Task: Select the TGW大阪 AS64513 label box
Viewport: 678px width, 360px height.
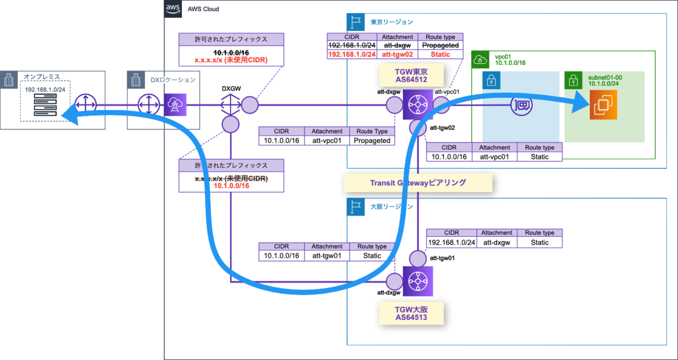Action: click(x=411, y=313)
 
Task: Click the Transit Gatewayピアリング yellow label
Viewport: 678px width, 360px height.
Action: click(x=418, y=183)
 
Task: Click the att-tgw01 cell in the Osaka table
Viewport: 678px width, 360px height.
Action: click(x=327, y=255)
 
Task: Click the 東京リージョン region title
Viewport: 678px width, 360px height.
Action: click(x=391, y=22)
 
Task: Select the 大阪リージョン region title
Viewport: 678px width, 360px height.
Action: click(x=391, y=206)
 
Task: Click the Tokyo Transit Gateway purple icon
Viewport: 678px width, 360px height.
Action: click(x=418, y=105)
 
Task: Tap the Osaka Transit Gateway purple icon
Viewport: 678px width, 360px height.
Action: click(x=418, y=281)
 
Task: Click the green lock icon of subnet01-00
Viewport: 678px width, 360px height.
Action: click(x=573, y=80)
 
